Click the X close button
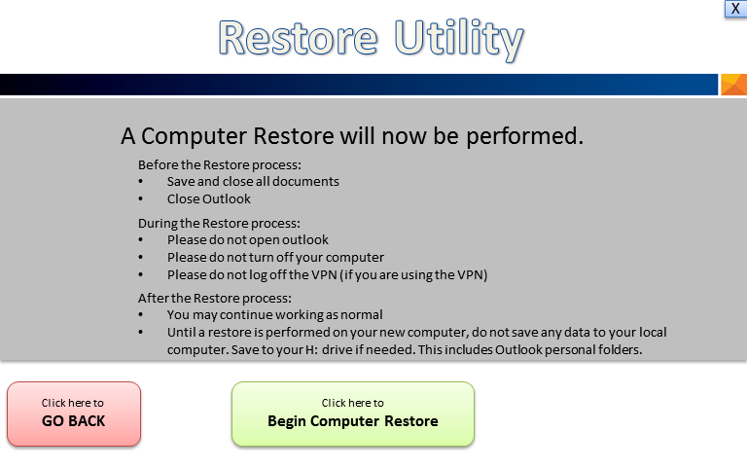click(x=736, y=9)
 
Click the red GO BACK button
click(x=74, y=413)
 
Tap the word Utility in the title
click(x=459, y=40)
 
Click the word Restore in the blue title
click(x=299, y=38)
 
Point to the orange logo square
click(x=733, y=85)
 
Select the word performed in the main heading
click(x=524, y=136)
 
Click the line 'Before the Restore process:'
click(x=220, y=164)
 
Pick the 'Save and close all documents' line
click(x=253, y=182)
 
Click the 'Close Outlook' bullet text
click(x=209, y=199)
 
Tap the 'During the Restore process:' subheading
click(x=219, y=224)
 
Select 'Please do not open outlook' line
click(x=248, y=239)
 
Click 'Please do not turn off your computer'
click(x=275, y=257)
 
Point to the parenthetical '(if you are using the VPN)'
click(x=414, y=275)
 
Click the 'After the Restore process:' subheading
click(x=215, y=299)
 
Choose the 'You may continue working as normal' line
click(x=275, y=315)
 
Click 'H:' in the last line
click(x=311, y=350)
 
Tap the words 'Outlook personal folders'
click(x=568, y=350)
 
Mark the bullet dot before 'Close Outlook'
click(x=140, y=199)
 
